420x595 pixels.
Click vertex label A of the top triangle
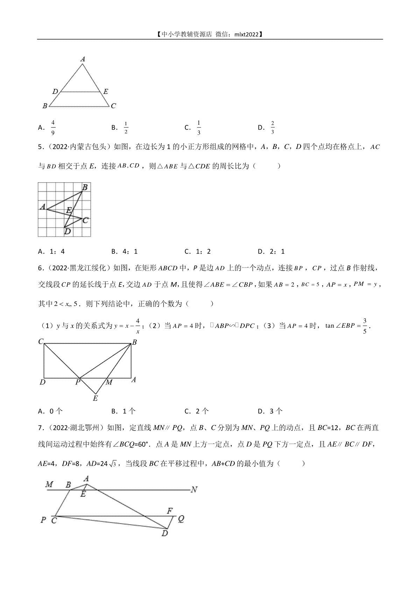83,59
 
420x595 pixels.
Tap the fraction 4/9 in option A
53,128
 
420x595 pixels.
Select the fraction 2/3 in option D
272,128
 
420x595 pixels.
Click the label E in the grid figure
69,210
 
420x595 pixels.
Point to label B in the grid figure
84,187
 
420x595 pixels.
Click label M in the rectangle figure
109,382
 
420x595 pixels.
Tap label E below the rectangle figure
95,398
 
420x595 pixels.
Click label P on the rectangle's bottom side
78,382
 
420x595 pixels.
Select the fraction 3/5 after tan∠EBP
364,326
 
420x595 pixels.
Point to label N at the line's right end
194,490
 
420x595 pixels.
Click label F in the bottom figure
170,511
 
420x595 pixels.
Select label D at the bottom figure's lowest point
164,533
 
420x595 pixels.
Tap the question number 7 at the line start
40,428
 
